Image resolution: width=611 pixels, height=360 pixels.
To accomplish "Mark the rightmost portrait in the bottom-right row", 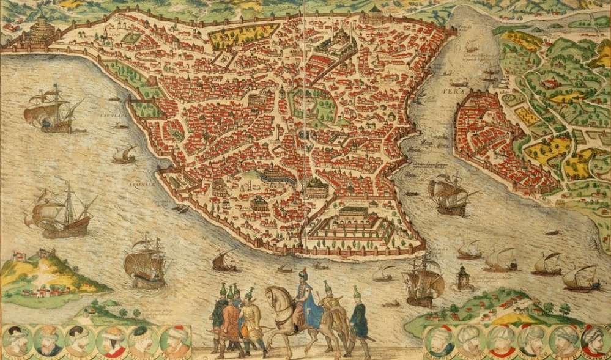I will [594, 339].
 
